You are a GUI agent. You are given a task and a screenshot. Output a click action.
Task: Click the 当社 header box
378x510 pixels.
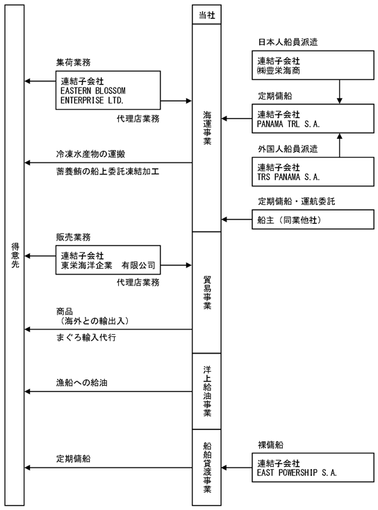[206, 15]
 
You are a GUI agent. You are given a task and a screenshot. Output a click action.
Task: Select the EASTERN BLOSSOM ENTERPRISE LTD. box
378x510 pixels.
[108, 90]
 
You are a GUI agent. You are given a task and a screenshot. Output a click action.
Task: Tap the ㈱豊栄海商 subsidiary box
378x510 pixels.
[313, 65]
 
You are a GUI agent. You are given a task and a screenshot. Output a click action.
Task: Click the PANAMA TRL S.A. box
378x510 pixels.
[313, 118]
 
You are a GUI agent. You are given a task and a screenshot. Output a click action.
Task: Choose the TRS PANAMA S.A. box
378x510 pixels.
[313, 172]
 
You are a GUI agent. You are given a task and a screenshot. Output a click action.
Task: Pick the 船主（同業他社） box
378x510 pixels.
[313, 220]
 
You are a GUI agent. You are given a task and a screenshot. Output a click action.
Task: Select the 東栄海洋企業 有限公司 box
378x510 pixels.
[108, 260]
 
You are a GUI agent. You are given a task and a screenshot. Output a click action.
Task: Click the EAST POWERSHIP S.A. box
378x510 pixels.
[313, 468]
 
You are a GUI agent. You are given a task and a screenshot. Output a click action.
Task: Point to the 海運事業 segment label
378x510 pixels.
[207, 128]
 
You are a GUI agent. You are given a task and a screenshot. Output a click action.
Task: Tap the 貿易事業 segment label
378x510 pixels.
[207, 293]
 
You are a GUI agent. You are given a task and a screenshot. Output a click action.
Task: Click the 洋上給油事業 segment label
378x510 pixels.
[207, 391]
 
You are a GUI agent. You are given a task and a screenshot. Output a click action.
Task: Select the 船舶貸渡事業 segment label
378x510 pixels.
[207, 468]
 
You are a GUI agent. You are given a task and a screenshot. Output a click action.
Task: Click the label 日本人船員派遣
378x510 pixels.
[288, 42]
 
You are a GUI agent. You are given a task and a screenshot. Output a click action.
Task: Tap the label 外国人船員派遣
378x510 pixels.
[288, 149]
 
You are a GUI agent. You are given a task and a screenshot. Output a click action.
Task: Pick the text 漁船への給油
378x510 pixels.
[82, 382]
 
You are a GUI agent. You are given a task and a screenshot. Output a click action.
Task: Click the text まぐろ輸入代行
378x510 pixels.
[86, 338]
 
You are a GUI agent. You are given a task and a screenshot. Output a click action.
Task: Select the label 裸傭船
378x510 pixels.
[271, 445]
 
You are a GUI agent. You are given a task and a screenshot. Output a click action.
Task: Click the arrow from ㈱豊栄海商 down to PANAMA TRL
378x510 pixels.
[340, 92]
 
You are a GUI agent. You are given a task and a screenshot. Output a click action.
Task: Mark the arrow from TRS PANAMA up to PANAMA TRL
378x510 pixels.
[340, 145]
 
